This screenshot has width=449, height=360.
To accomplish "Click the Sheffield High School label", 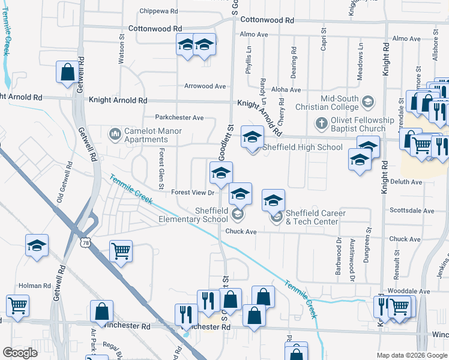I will (304, 147).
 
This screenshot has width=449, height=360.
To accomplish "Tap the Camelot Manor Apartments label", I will (146, 135).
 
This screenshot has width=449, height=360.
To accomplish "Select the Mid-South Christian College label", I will (340, 103).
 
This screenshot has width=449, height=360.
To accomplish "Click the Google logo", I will (20, 353).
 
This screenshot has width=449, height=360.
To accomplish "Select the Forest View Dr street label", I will (193, 193).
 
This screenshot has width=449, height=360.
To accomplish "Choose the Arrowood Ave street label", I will (205, 86).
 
